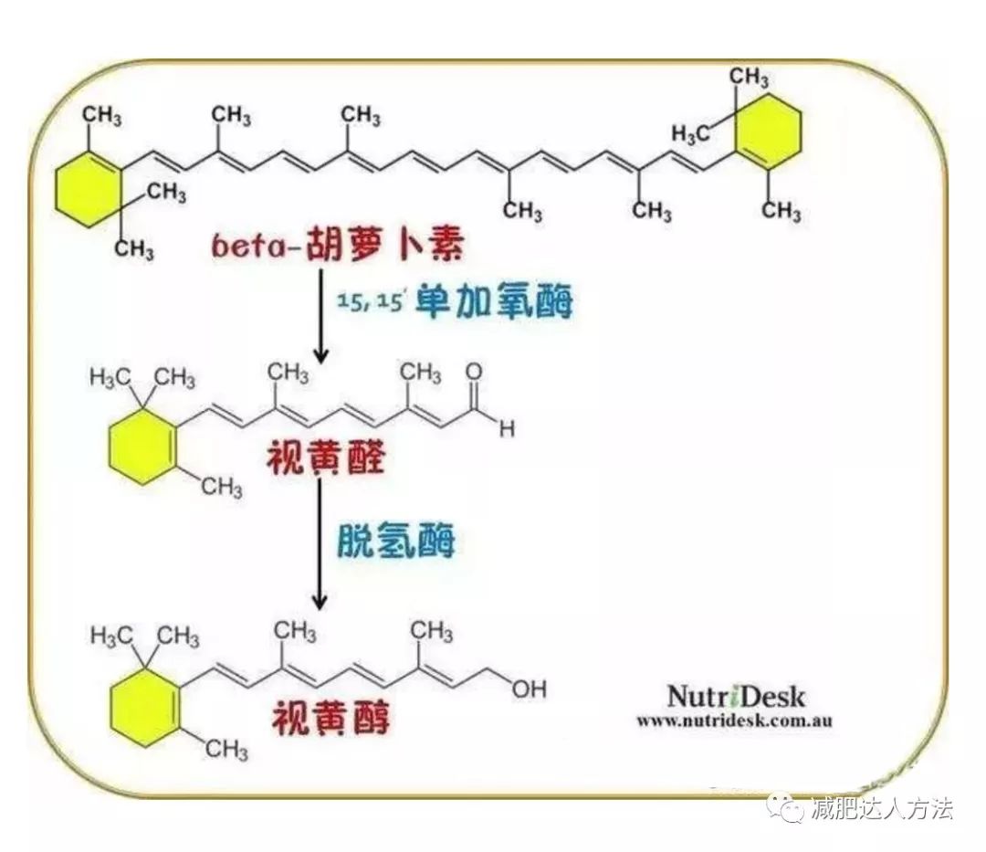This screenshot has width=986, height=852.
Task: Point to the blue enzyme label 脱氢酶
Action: click(x=396, y=540)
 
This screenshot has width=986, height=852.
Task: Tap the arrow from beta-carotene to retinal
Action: click(x=321, y=316)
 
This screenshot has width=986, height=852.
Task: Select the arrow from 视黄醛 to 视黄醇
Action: click(x=320, y=543)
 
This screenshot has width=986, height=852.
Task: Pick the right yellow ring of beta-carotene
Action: click(x=768, y=132)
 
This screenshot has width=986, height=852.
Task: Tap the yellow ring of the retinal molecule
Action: click(x=142, y=447)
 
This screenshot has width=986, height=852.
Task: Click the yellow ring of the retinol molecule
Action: click(x=144, y=708)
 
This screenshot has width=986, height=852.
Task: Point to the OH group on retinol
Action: click(x=529, y=689)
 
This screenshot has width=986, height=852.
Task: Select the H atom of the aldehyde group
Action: click(x=507, y=429)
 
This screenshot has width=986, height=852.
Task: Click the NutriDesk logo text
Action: click(x=735, y=696)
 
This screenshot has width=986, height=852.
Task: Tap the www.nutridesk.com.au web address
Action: click(x=734, y=721)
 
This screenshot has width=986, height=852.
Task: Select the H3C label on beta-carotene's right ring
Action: click(x=689, y=134)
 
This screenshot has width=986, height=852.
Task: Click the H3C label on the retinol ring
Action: click(x=110, y=636)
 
